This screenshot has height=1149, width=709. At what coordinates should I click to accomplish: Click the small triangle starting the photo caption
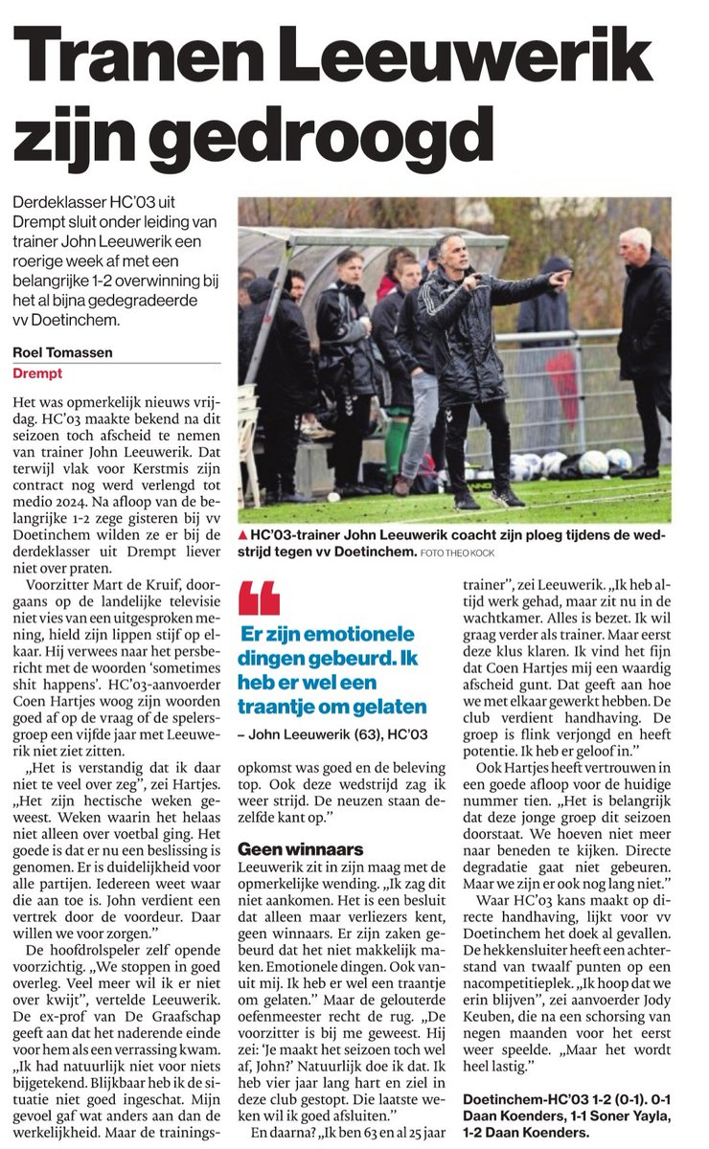(x=243, y=535)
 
